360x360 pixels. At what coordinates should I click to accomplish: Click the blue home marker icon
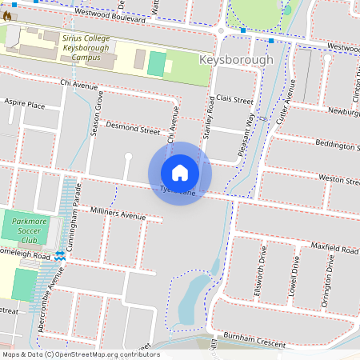coord(180,173)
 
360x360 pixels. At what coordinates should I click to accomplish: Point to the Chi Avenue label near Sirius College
coord(77,82)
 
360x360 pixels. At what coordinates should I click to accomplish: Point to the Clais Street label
coord(234,102)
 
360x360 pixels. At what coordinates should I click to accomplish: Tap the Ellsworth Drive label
coord(258,277)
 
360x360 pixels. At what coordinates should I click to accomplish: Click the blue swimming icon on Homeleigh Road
coord(60,255)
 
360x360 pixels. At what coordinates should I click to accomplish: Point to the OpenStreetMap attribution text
coord(80,354)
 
